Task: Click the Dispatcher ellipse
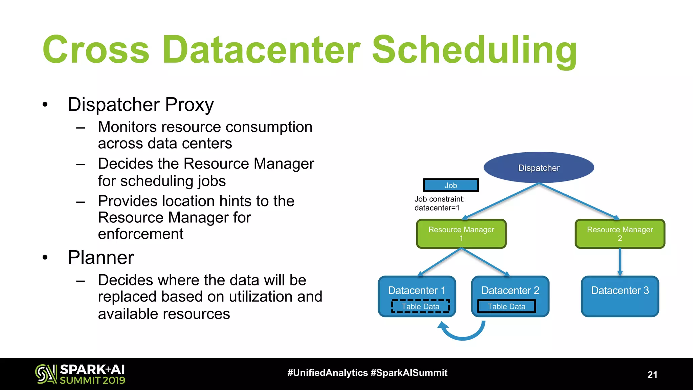click(x=539, y=168)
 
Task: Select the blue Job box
click(x=451, y=185)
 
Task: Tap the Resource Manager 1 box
click(x=461, y=234)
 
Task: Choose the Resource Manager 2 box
click(x=620, y=234)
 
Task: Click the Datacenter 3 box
click(x=620, y=297)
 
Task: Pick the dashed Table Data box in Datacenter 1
click(x=420, y=306)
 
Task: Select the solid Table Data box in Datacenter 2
click(x=506, y=306)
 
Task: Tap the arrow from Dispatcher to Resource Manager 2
click(x=579, y=201)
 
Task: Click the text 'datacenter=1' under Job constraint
click(x=437, y=208)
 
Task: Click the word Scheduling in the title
click(x=474, y=50)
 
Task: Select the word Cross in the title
click(x=96, y=50)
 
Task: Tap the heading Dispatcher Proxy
click(x=140, y=104)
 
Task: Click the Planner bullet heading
click(x=101, y=257)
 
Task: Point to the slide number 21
click(x=652, y=375)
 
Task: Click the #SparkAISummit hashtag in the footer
click(x=409, y=373)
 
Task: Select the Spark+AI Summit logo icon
click(x=46, y=374)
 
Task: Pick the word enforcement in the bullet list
click(x=140, y=234)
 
